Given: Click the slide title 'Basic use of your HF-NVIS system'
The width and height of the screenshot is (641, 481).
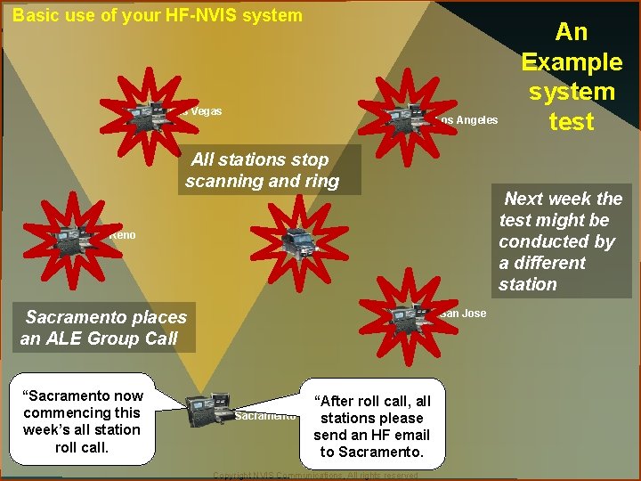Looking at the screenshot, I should (x=158, y=15).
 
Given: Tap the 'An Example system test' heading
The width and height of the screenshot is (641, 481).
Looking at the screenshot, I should (x=571, y=77).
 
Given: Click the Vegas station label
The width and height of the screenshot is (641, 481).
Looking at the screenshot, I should (x=206, y=111).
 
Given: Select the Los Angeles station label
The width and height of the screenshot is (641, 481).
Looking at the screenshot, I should (x=468, y=120).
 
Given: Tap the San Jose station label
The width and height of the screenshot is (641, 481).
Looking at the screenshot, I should (x=462, y=313).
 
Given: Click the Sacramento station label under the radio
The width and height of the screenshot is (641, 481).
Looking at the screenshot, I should (x=264, y=416).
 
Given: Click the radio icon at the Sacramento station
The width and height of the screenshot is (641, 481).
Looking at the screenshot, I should (x=210, y=409).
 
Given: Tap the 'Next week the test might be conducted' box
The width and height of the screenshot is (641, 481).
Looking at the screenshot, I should (x=561, y=241).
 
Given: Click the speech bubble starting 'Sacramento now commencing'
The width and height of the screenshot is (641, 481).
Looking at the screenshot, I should (x=83, y=420).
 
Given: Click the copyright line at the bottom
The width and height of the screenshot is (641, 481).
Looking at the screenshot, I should (x=316, y=476).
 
